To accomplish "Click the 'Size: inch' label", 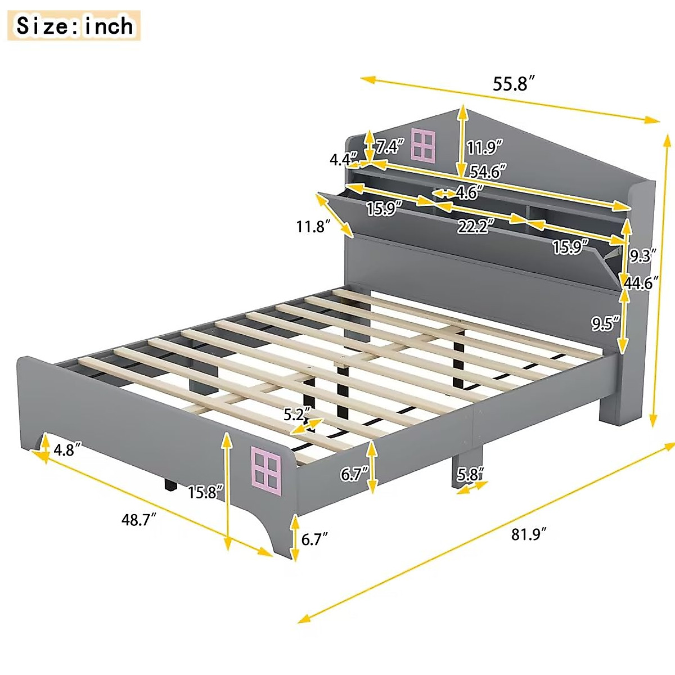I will click(x=75, y=26).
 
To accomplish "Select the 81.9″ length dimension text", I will click(x=529, y=534).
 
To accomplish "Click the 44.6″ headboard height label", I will click(x=641, y=283).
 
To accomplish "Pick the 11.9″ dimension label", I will click(x=484, y=147).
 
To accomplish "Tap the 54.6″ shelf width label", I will click(x=488, y=171).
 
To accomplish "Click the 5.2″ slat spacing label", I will click(x=296, y=415).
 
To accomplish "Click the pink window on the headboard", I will click(x=424, y=144).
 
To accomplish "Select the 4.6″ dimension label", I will click(x=466, y=193).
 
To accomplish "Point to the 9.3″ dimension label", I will click(x=642, y=256).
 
